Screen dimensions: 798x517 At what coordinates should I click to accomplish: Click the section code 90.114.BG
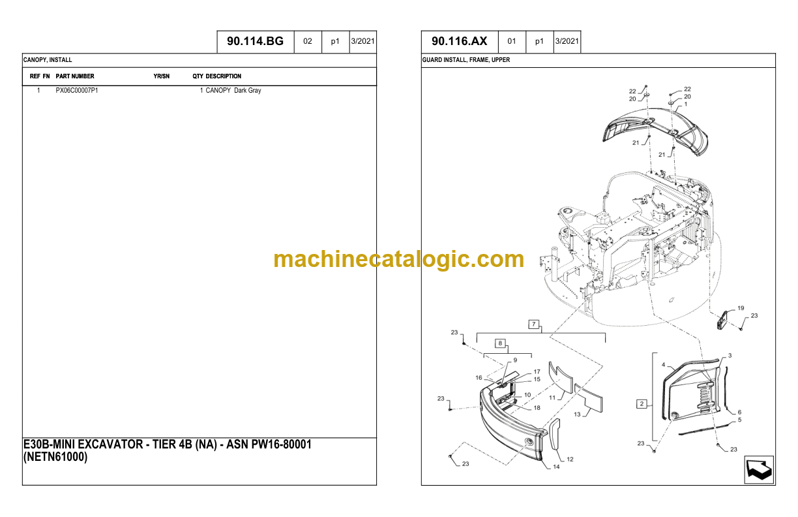255,41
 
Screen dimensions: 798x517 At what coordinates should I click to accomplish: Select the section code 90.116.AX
459,41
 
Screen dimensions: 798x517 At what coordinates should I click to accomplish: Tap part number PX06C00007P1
76,90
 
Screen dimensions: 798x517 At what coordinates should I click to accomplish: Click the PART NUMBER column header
75,76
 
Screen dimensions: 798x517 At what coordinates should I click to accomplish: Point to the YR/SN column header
162,76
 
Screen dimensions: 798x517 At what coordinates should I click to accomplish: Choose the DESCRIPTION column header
224,76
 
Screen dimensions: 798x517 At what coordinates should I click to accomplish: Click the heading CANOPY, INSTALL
48,60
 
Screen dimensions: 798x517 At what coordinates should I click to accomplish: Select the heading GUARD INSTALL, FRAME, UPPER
466,60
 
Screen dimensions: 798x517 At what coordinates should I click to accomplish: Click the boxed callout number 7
534,324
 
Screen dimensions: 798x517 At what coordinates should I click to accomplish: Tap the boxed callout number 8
500,343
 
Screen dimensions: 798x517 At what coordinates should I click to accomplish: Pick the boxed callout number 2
642,404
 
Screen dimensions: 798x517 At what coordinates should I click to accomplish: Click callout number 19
741,308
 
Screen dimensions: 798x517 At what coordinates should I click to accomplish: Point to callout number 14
556,467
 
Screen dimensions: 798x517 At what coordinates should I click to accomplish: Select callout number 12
570,459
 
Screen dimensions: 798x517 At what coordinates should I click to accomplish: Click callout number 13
577,415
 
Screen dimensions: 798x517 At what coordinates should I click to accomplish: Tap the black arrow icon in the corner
759,470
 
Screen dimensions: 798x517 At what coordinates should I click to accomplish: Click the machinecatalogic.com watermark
398,259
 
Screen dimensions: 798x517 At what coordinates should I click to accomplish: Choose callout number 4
663,365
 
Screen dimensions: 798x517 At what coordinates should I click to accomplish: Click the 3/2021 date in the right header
567,41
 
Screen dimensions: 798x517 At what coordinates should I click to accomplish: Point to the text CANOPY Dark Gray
233,90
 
